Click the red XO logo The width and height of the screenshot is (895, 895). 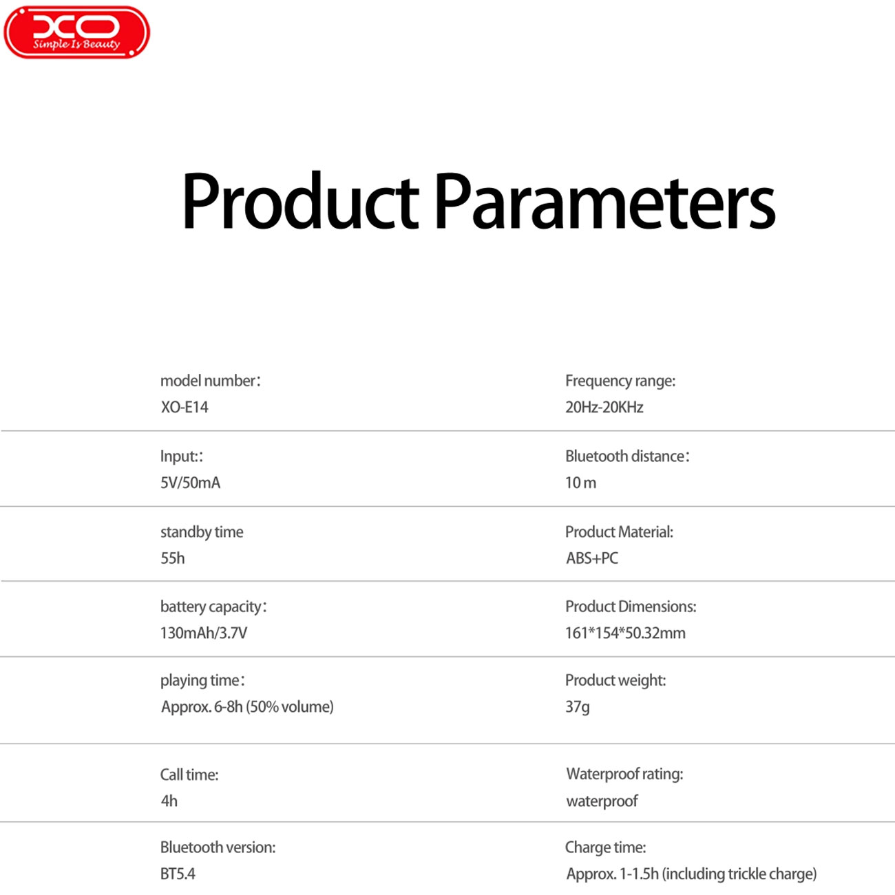pyautogui.click(x=76, y=32)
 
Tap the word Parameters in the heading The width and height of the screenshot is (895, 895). pyautogui.click(x=605, y=202)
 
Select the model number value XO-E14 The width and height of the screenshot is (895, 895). pyautogui.click(x=185, y=408)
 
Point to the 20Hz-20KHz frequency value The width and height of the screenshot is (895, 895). pyautogui.click(x=604, y=408)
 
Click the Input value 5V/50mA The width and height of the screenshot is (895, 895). pyautogui.click(x=191, y=483)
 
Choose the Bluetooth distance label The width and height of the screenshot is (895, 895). pyautogui.click(x=627, y=456)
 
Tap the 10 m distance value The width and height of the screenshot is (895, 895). pyautogui.click(x=580, y=483)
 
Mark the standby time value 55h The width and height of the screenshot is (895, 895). pyautogui.click(x=173, y=558)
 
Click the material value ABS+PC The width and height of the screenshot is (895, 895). pyautogui.click(x=592, y=558)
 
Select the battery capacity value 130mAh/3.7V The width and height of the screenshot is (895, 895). pyautogui.click(x=204, y=633)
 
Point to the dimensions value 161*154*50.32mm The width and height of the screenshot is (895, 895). pyautogui.click(x=625, y=633)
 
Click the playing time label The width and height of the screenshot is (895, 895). pyautogui.click(x=202, y=681)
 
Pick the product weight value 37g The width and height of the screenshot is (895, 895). pyautogui.click(x=578, y=707)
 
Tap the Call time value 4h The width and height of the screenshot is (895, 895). pyautogui.click(x=169, y=801)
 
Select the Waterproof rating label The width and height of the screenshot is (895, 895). pyautogui.click(x=624, y=775)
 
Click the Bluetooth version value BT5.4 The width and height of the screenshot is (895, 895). pyautogui.click(x=178, y=874)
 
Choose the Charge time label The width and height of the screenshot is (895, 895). pyautogui.click(x=606, y=847)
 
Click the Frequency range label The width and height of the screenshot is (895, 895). pyautogui.click(x=620, y=381)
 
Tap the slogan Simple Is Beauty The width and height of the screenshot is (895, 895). pyautogui.click(x=76, y=44)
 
